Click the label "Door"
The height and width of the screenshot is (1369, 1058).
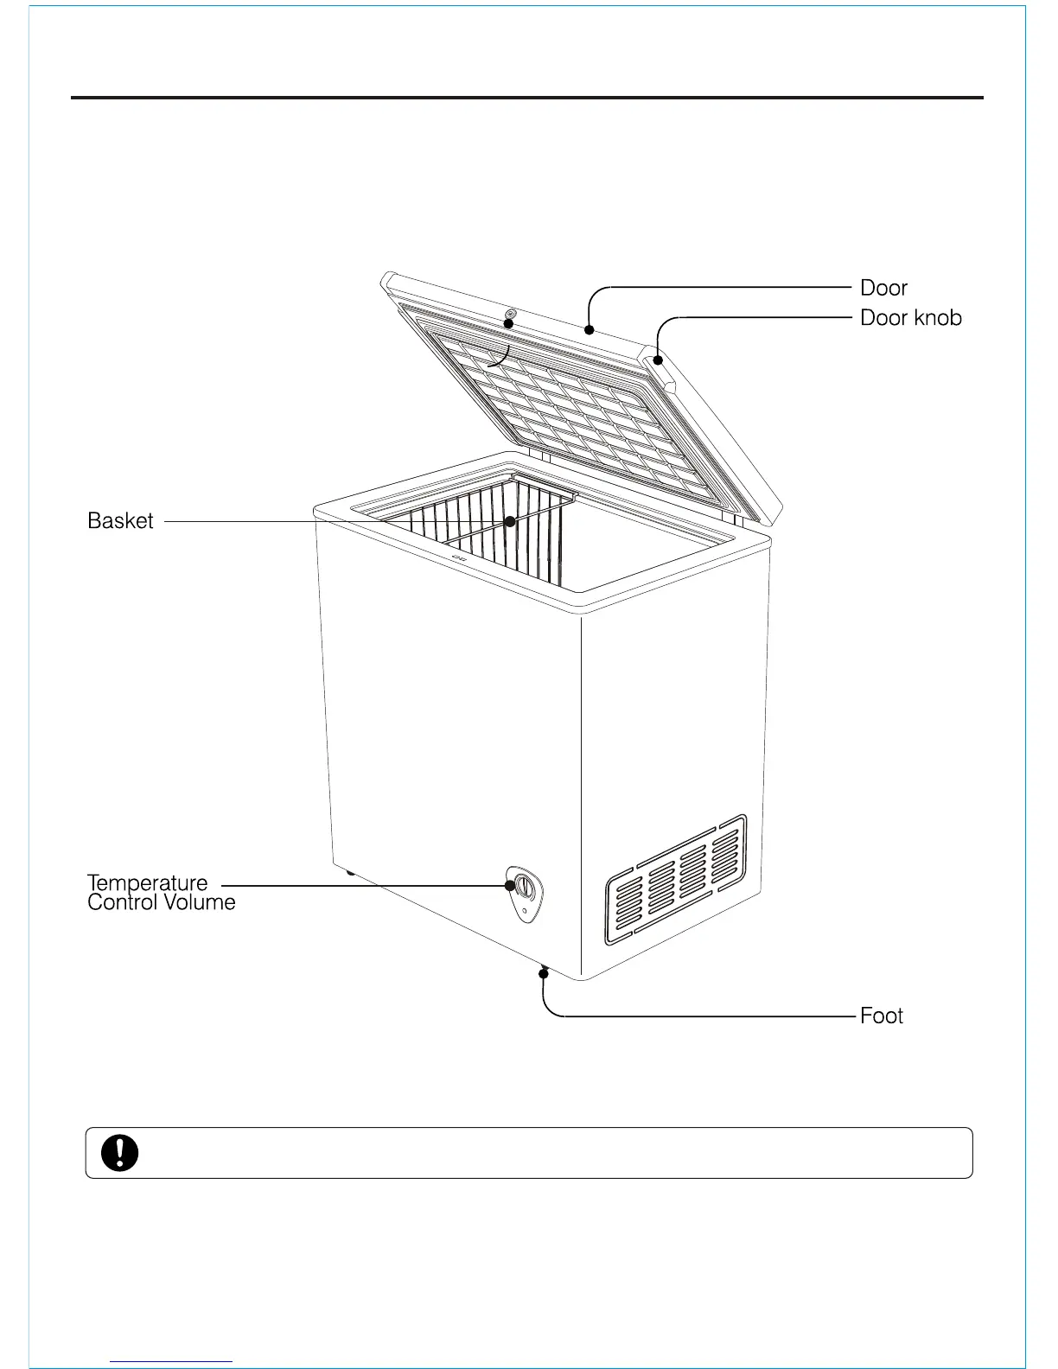[883, 288]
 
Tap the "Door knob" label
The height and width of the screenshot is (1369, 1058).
[910, 318]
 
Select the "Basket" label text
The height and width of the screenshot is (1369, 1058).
[120, 521]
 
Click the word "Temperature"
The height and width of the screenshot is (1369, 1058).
[148, 883]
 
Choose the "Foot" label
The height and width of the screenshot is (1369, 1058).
[881, 1016]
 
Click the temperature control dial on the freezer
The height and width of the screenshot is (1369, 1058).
[524, 886]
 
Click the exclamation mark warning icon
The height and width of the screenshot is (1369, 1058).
[120, 1153]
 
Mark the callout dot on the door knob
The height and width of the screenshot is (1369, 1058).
[658, 360]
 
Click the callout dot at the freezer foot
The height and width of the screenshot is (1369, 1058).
[544, 974]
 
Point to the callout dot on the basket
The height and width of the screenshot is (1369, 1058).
[511, 521]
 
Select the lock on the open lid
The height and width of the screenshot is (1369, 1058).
[511, 314]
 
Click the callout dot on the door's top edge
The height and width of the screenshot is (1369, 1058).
[589, 329]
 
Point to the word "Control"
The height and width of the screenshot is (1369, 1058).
[120, 903]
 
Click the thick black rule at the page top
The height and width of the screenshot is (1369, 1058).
[526, 98]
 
